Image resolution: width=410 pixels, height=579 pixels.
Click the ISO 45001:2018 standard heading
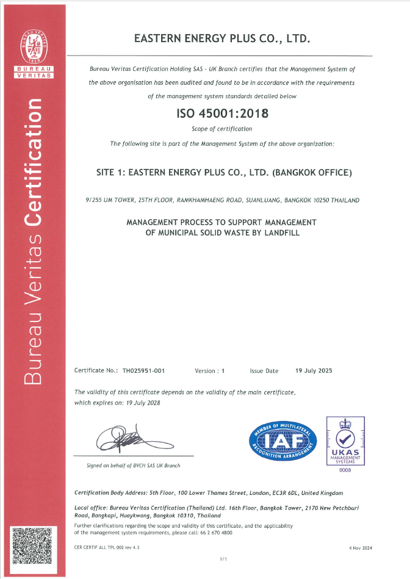(222, 113)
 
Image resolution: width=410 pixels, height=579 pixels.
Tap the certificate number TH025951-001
(144, 370)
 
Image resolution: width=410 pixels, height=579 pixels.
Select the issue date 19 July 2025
(314, 370)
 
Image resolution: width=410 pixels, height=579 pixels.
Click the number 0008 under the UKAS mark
(345, 469)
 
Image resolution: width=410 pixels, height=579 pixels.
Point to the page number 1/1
(223, 559)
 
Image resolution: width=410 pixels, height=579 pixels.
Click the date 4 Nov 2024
(360, 548)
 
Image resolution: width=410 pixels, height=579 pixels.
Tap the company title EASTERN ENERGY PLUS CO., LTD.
(222, 39)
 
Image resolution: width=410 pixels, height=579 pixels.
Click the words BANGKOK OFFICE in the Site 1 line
(312, 173)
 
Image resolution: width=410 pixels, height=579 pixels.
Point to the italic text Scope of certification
(222, 129)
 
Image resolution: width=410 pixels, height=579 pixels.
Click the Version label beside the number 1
(205, 370)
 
